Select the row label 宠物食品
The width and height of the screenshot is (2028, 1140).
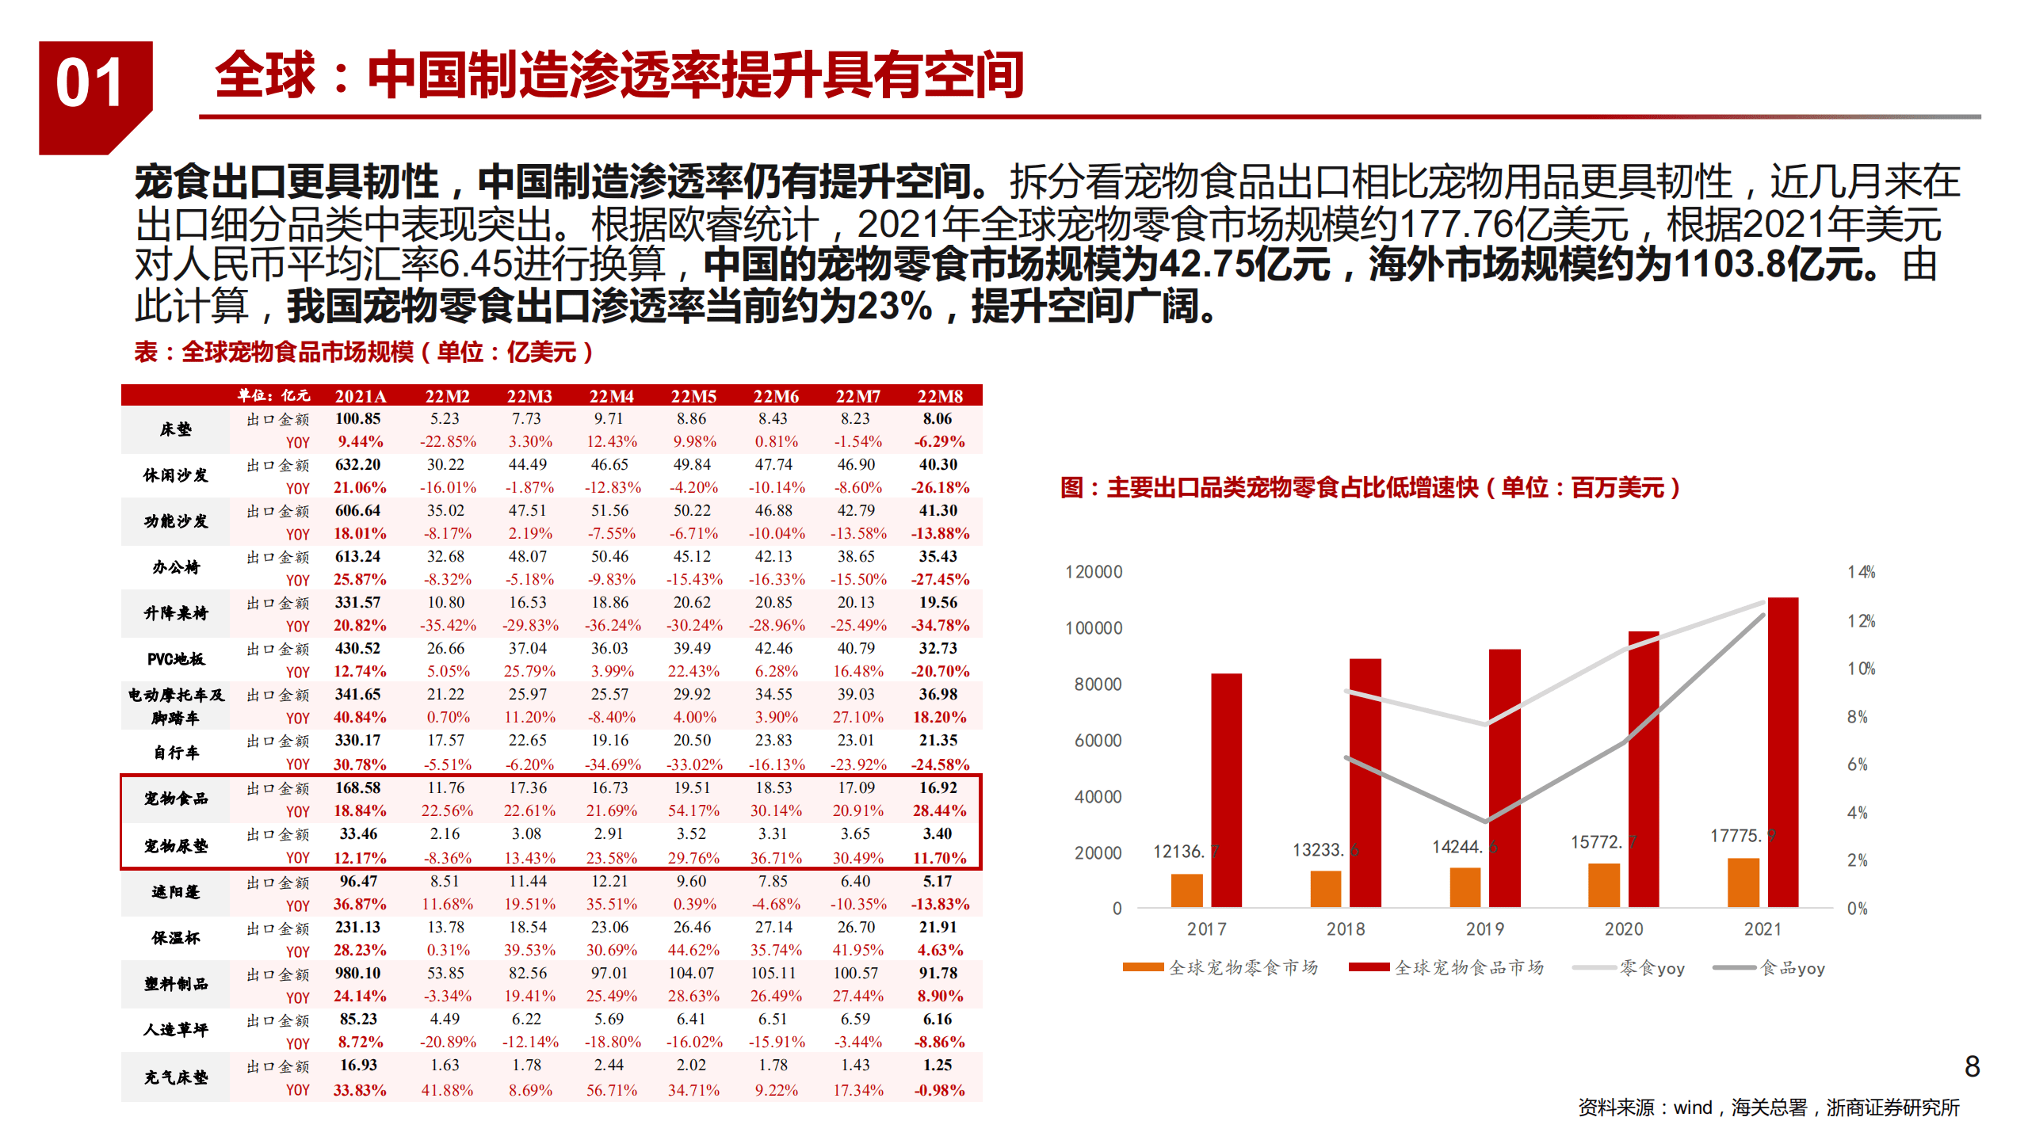(x=176, y=799)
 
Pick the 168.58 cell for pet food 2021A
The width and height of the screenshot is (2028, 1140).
(x=358, y=787)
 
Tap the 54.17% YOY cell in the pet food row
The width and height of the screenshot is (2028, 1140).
(x=693, y=810)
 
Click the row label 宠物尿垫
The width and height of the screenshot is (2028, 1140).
(x=176, y=846)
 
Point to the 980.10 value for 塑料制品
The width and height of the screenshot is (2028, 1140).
(x=358, y=973)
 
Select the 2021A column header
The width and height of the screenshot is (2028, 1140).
(x=361, y=396)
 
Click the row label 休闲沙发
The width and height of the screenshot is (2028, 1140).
(x=176, y=475)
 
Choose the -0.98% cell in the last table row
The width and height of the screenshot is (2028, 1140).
(x=940, y=1090)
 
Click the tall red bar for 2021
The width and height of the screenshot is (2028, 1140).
(x=1782, y=753)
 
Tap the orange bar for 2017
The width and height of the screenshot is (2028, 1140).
(x=1186, y=890)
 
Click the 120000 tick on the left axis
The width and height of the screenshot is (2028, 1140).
(x=1094, y=572)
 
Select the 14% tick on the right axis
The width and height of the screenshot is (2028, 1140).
(x=1861, y=572)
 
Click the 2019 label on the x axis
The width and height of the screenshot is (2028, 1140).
(x=1484, y=928)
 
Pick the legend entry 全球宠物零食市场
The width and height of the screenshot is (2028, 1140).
(x=1220, y=967)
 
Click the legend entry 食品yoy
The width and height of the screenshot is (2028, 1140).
(x=1770, y=967)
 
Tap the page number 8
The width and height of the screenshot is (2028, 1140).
(x=1973, y=1066)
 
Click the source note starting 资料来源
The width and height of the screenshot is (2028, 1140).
(x=1768, y=1108)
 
